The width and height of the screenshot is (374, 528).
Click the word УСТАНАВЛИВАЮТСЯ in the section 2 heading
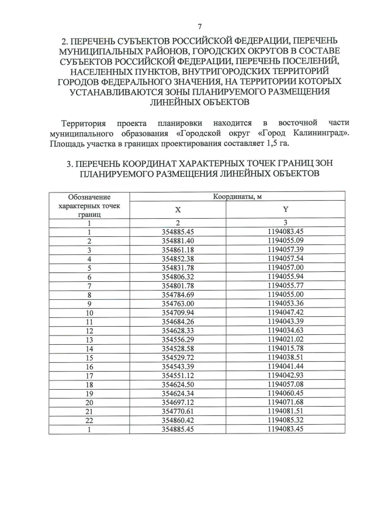click(x=119, y=92)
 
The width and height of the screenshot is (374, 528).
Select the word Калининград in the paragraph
click(x=321, y=133)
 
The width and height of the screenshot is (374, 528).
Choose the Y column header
click(x=285, y=209)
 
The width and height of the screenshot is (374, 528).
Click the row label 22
click(x=89, y=420)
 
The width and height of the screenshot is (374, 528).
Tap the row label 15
click(x=89, y=357)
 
